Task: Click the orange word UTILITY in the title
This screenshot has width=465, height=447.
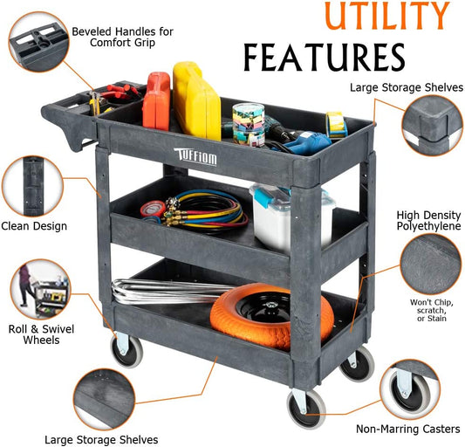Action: [387, 16]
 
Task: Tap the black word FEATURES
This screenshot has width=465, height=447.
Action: [325, 58]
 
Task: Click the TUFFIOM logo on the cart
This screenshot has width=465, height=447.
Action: [195, 156]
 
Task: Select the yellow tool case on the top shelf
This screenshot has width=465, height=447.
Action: [196, 101]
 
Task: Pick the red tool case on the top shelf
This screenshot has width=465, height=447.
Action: [156, 101]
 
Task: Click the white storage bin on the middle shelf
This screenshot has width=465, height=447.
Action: [292, 216]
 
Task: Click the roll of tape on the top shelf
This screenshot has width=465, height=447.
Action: [337, 125]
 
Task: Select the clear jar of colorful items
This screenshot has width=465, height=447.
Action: [249, 124]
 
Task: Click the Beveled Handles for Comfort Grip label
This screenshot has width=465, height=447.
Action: [122, 37]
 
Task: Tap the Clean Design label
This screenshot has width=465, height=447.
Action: [34, 226]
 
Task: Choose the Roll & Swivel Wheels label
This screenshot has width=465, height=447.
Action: [41, 334]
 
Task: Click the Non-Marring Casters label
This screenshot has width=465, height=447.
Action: [408, 429]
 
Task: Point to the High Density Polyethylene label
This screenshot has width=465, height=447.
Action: [429, 221]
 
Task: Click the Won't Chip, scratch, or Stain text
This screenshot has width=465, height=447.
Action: [432, 310]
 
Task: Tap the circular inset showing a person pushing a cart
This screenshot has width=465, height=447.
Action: [41, 289]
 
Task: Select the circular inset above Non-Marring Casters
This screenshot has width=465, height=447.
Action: [410, 389]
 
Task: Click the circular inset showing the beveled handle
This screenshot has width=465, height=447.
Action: [39, 42]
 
